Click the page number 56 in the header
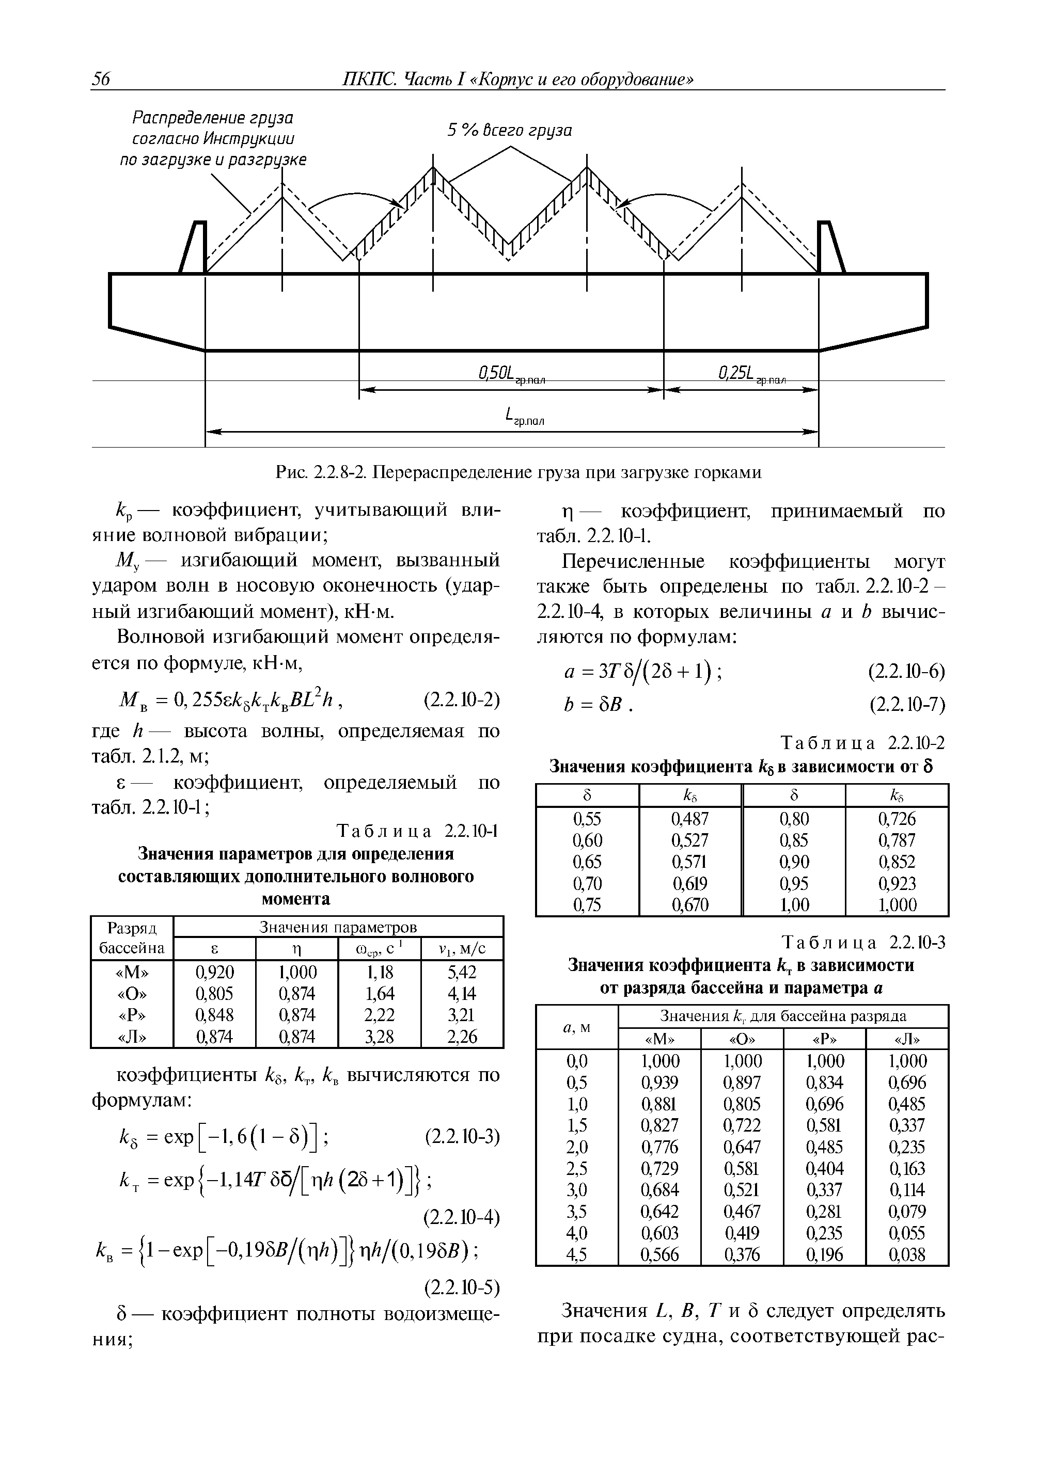pos(101,78)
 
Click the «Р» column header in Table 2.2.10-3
pos(824,1039)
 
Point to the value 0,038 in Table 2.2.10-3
pos(907,1255)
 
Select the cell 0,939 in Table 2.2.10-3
pos(659,1083)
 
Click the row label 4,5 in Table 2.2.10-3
pos(577,1255)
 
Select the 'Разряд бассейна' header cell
pos(132,937)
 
